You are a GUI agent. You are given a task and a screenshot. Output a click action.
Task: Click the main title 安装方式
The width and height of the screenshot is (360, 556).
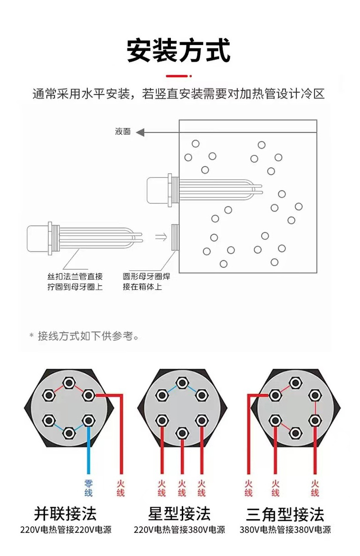click(x=179, y=51)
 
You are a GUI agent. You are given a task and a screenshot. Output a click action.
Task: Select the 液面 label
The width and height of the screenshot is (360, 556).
click(x=123, y=132)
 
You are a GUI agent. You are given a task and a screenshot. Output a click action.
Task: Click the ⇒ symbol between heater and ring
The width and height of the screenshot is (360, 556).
click(x=160, y=237)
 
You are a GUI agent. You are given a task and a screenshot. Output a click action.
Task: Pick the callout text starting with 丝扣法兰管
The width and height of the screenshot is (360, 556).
click(x=75, y=282)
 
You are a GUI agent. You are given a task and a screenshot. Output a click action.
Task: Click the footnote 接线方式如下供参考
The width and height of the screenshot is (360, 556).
click(x=87, y=336)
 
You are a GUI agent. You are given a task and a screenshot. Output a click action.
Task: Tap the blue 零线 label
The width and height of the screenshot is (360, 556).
click(x=88, y=488)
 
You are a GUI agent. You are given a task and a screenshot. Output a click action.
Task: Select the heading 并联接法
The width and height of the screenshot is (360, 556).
click(x=65, y=514)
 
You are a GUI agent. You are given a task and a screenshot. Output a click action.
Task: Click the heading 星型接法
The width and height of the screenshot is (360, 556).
click(x=179, y=514)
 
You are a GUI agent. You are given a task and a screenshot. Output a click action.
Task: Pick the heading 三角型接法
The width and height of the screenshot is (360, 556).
click(x=285, y=514)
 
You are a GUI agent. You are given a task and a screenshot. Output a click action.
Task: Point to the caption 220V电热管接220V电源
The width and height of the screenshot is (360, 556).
click(x=66, y=530)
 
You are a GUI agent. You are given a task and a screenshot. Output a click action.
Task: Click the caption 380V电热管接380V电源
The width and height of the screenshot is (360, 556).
click(x=285, y=530)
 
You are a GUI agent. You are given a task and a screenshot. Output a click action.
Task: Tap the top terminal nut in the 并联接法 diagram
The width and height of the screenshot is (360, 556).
click(x=68, y=382)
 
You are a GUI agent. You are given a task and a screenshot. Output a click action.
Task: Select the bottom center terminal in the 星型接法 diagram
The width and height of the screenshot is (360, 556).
click(x=182, y=432)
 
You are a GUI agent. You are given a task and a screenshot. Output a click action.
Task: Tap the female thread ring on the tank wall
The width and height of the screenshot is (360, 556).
click(x=174, y=237)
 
